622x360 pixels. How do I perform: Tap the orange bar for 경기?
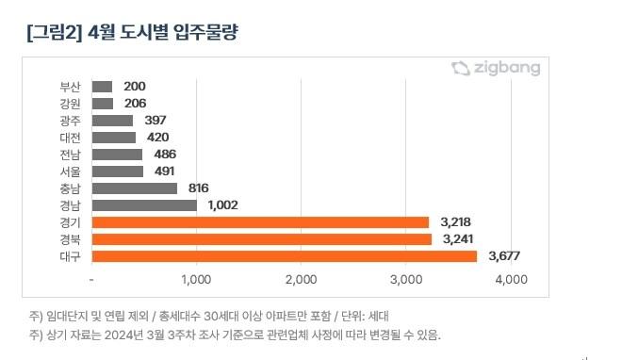(261, 222)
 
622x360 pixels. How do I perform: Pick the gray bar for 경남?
(145, 205)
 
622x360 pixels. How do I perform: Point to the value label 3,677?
(504, 256)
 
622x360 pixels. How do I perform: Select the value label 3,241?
(459, 239)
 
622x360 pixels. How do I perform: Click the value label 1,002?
(224, 205)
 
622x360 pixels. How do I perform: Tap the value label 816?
(200, 188)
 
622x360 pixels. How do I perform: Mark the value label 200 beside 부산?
(134, 86)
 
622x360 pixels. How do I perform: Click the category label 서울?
(70, 172)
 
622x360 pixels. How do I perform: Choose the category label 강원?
(70, 103)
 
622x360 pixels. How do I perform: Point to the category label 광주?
(70, 120)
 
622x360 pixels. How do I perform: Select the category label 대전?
(70, 137)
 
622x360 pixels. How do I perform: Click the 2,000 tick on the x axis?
(300, 280)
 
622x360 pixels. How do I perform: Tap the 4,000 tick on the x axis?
(510, 280)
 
